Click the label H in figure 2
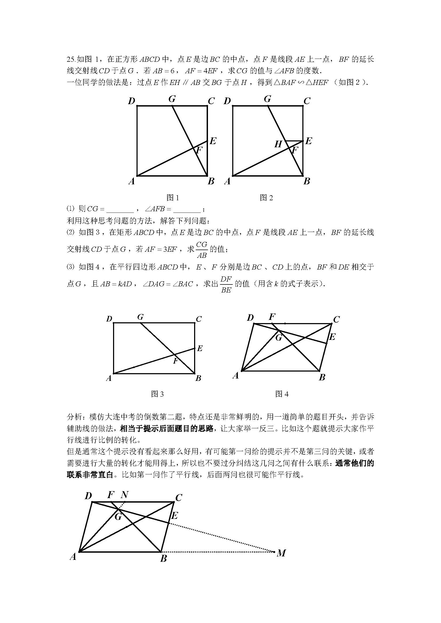(278, 144)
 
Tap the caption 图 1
(173, 198)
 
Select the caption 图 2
(266, 198)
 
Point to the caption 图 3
(158, 394)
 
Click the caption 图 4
(282, 394)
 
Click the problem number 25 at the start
(71, 59)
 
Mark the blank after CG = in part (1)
(120, 209)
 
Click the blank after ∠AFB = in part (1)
(187, 209)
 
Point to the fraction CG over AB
(202, 250)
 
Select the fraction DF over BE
(226, 284)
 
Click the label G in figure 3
(141, 317)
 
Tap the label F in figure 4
(272, 316)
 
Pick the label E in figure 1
(213, 141)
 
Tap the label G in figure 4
(279, 338)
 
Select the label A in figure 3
(109, 378)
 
